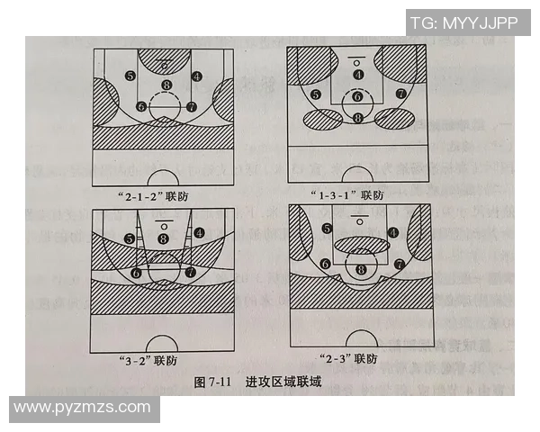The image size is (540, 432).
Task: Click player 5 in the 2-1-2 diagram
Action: (x=131, y=76)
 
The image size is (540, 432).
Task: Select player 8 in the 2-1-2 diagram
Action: (x=165, y=86)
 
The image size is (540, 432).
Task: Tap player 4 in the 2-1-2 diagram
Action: (x=197, y=76)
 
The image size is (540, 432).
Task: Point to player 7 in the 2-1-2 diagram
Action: (x=191, y=106)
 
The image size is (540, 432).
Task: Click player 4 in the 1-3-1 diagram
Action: (x=358, y=75)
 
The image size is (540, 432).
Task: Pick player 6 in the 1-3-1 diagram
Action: (x=358, y=96)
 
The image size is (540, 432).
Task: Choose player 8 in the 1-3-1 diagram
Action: (x=358, y=117)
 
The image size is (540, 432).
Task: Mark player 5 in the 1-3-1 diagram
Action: (x=316, y=94)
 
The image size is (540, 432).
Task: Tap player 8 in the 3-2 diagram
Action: (x=163, y=238)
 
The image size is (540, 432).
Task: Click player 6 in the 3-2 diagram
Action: (x=136, y=271)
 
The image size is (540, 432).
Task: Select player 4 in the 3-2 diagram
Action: (x=198, y=232)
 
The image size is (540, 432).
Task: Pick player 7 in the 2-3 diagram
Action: (x=398, y=264)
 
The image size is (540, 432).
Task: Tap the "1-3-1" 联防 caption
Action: (x=355, y=193)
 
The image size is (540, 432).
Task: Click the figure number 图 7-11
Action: (x=213, y=382)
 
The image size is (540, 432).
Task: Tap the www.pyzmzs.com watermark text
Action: (x=83, y=408)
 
